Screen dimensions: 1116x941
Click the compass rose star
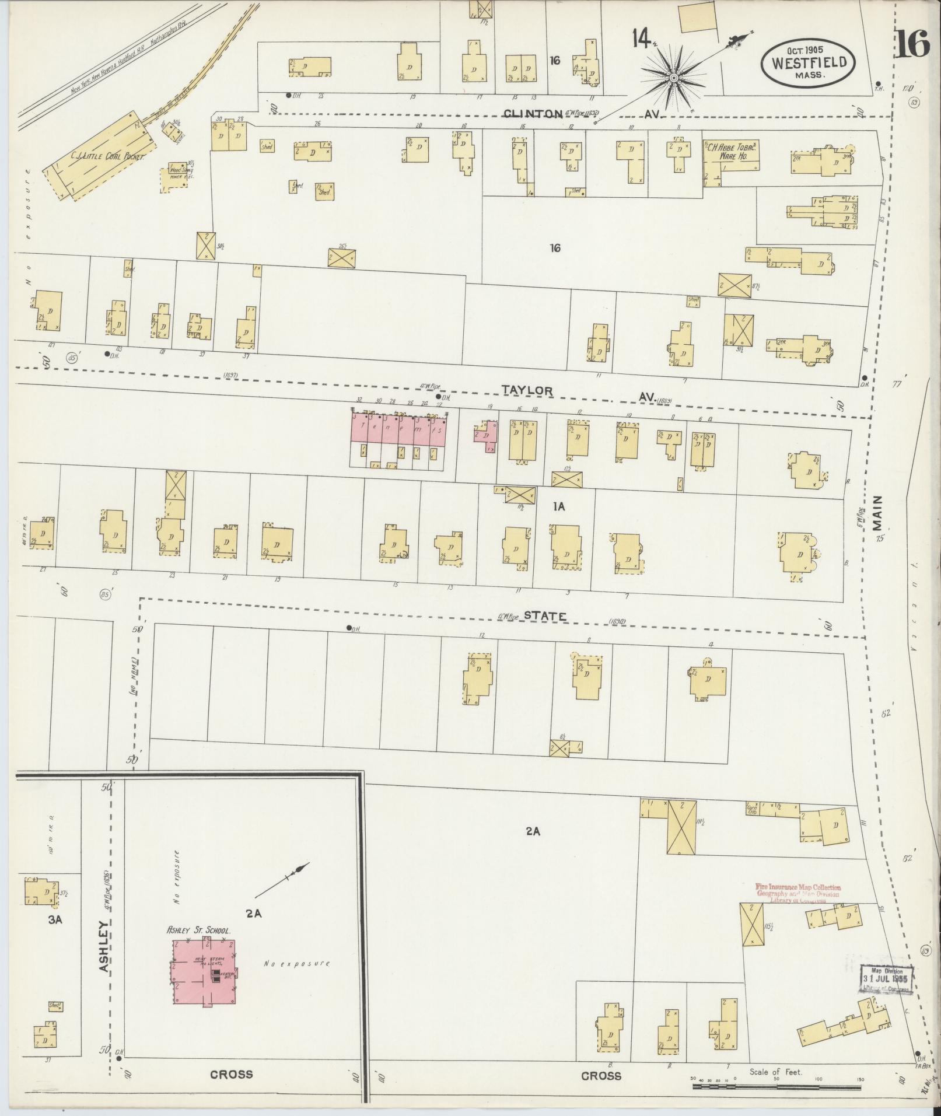[673, 77]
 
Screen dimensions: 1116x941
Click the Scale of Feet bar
[776, 1087]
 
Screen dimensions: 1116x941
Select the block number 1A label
[558, 507]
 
